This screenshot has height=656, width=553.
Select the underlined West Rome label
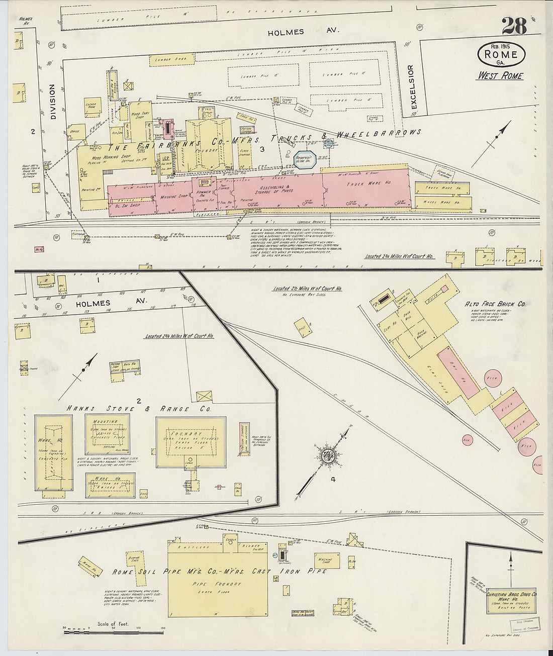(x=500, y=76)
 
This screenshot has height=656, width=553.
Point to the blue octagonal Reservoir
(x=305, y=159)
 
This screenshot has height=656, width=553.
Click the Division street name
(x=52, y=102)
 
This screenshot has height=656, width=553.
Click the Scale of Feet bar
(x=114, y=628)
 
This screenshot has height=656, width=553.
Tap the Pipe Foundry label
(x=217, y=584)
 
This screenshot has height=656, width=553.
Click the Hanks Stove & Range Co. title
(x=138, y=409)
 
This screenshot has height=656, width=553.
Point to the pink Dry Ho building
(x=458, y=372)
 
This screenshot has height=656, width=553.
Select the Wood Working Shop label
(x=104, y=158)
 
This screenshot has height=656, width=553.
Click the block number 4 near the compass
(x=333, y=480)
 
